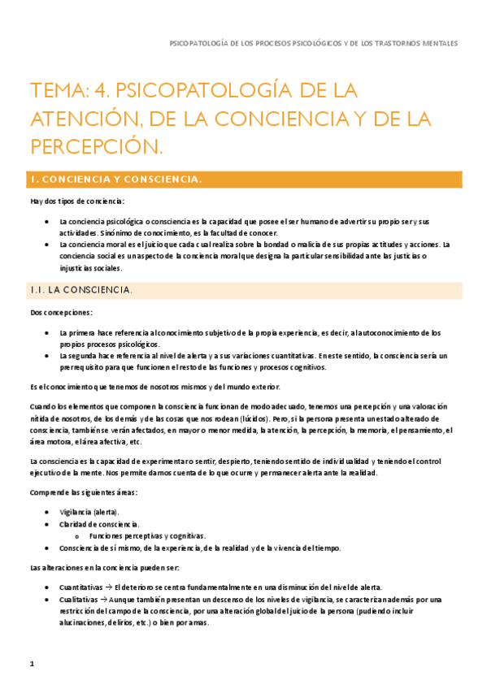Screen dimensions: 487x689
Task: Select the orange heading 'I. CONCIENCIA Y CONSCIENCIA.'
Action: click(x=115, y=179)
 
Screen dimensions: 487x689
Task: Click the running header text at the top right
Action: click(x=312, y=43)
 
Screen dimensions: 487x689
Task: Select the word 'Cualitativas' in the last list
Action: click(x=79, y=599)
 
